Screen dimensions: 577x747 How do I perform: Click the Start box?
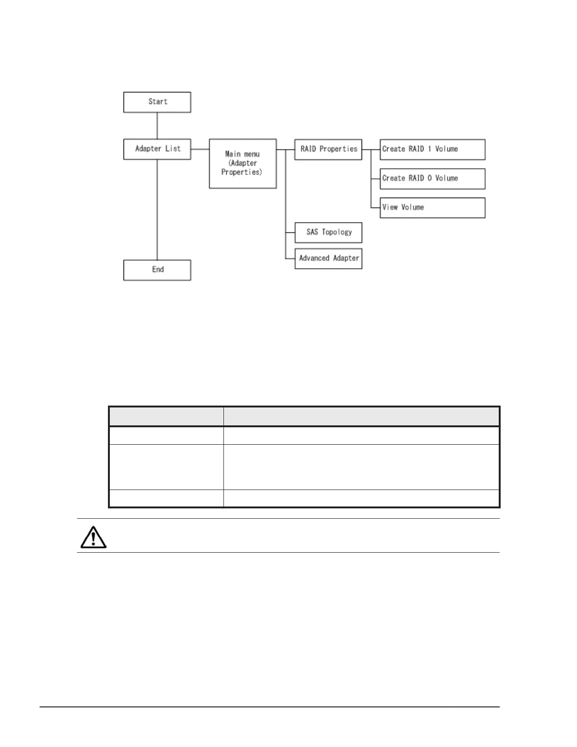tap(157, 102)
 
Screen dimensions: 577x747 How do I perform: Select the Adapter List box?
tap(157, 149)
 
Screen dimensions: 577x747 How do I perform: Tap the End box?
tap(157, 270)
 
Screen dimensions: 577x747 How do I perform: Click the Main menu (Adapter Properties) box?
tap(242, 163)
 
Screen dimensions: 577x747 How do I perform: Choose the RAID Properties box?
tap(328, 149)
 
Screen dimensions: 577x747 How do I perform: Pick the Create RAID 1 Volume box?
tap(432, 149)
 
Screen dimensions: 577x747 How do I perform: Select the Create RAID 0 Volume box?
tap(432, 178)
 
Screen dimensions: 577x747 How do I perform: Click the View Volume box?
tap(432, 207)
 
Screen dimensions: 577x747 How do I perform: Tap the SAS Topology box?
tap(328, 232)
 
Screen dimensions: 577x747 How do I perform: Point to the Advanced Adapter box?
tap(328, 258)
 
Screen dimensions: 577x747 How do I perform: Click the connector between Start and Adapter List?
tap(157, 125)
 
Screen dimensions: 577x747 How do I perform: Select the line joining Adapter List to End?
tap(157, 209)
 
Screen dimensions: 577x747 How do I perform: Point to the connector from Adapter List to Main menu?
tap(200, 149)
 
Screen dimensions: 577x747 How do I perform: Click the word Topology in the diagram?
tap(337, 232)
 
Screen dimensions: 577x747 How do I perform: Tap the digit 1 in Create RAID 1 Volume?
tap(429, 149)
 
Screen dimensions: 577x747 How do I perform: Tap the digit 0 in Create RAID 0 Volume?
tap(429, 178)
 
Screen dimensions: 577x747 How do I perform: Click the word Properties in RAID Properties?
tap(338, 149)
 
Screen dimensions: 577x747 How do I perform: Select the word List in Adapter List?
tap(173, 149)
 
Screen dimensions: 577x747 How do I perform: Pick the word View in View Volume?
tap(390, 207)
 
